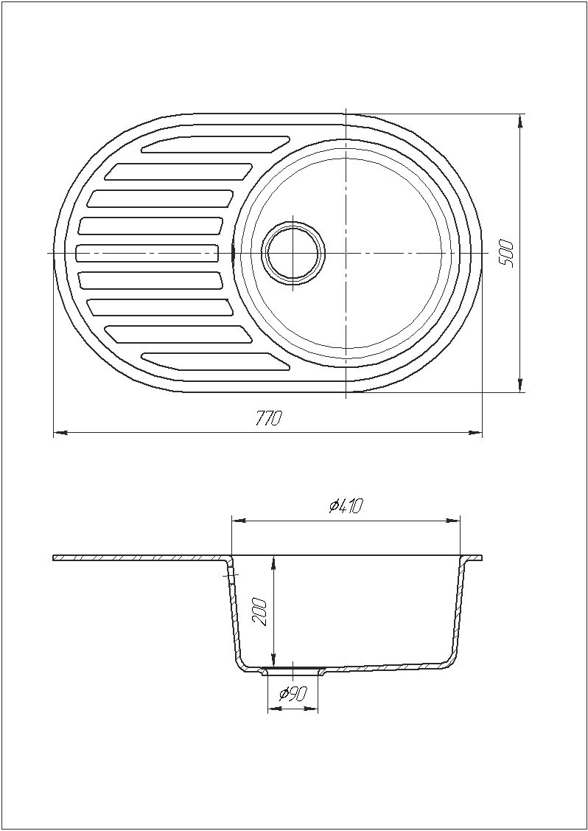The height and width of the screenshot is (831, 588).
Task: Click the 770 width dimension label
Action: pyautogui.click(x=268, y=419)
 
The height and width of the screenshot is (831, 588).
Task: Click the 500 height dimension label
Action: pyautogui.click(x=507, y=254)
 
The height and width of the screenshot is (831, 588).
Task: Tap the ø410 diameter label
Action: pyautogui.click(x=345, y=507)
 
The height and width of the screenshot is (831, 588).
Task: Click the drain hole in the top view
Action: pyautogui.click(x=294, y=254)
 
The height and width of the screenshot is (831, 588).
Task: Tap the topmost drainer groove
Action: pyautogui.click(x=216, y=145)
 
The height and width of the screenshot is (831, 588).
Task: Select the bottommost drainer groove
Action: pyautogui.click(x=216, y=361)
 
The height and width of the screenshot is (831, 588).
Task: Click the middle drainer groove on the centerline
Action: pyautogui.click(x=148, y=253)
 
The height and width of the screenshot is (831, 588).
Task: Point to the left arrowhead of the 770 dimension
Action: pyautogui.click(x=60, y=432)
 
